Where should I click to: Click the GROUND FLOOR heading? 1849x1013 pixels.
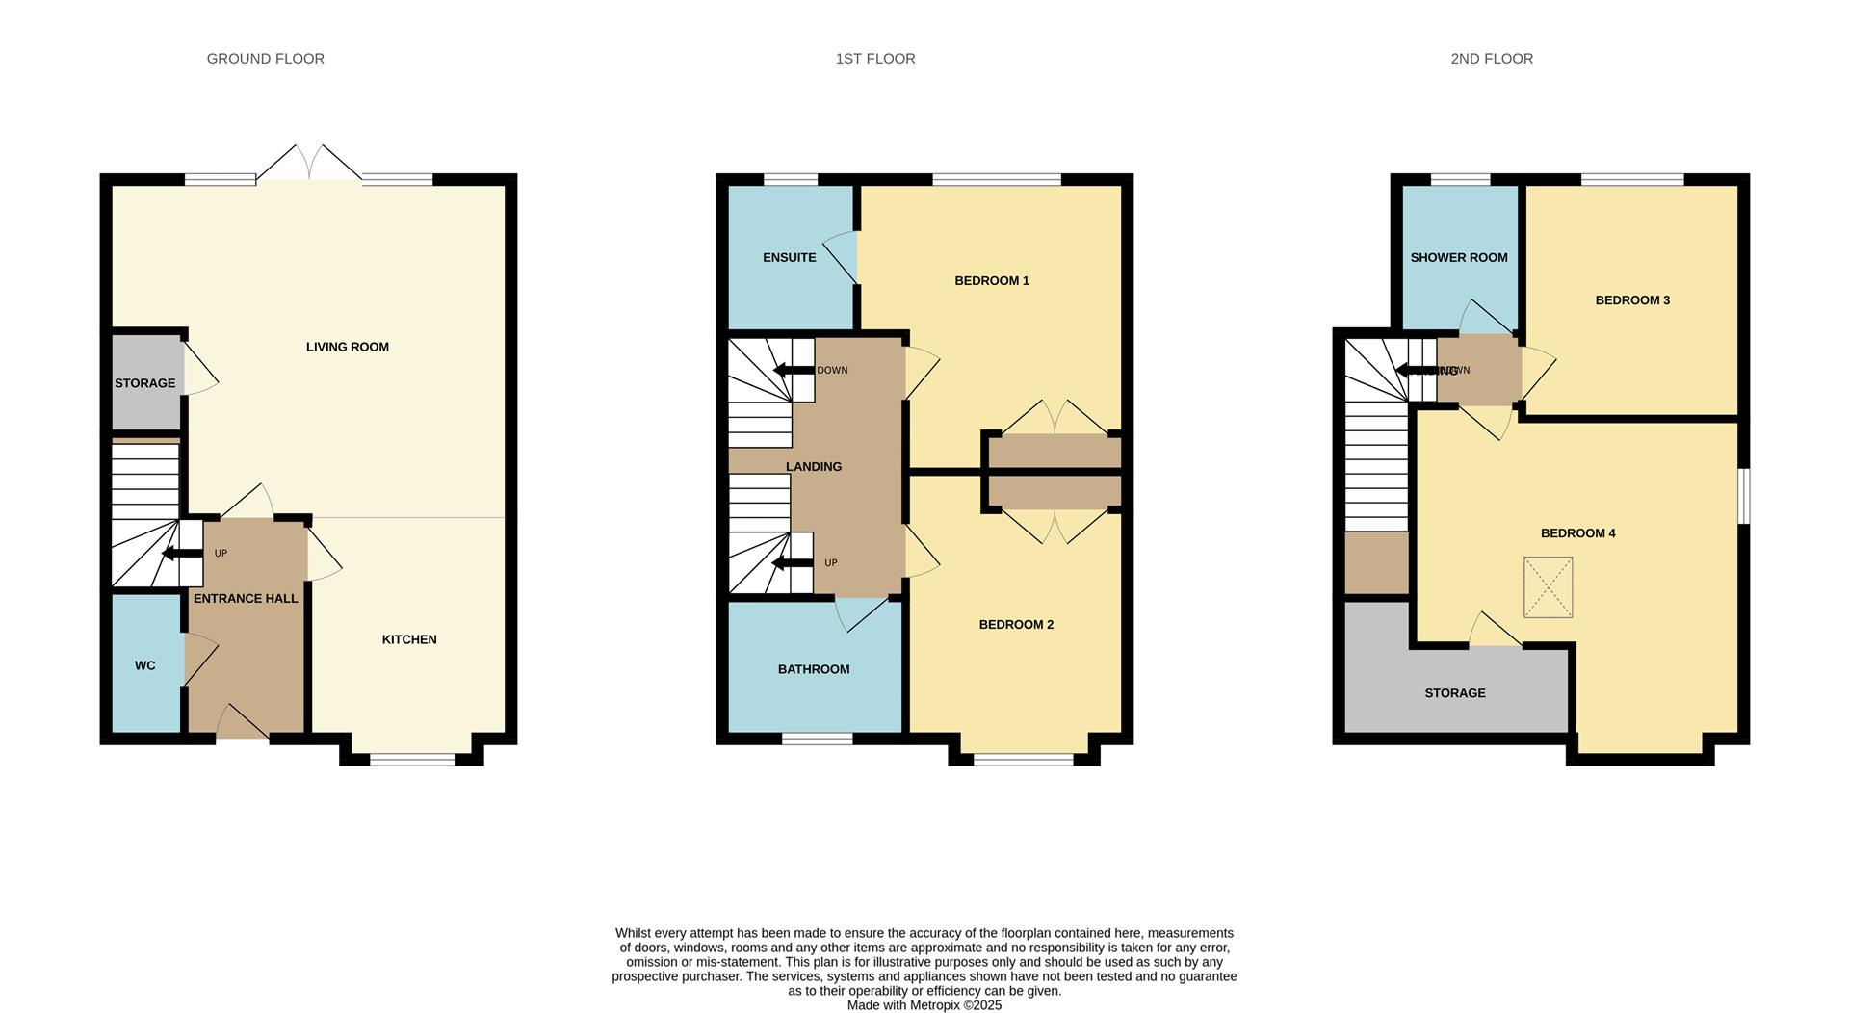(x=265, y=59)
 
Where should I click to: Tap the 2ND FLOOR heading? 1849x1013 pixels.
(x=1491, y=59)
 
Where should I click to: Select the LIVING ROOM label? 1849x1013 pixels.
(x=347, y=347)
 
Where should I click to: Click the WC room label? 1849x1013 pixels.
(x=144, y=665)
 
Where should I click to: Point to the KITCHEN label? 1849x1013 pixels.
(x=409, y=639)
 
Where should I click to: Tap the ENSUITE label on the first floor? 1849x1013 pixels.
(x=789, y=257)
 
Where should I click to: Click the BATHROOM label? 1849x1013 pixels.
(x=813, y=669)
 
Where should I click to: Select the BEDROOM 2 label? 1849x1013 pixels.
(x=1016, y=624)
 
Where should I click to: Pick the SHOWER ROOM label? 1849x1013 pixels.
(x=1458, y=257)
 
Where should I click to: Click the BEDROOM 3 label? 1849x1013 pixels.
(x=1632, y=299)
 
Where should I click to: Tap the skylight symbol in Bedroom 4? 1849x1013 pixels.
(x=1548, y=587)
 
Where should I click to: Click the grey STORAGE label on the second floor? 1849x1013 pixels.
(x=1454, y=693)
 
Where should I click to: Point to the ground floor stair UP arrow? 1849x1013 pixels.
(x=180, y=554)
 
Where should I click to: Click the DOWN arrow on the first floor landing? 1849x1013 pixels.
(x=794, y=370)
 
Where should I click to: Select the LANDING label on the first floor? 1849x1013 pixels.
(x=813, y=466)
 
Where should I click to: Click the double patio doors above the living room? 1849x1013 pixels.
(x=309, y=164)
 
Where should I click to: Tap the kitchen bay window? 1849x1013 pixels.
(x=412, y=760)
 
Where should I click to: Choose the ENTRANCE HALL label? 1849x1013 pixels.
(x=246, y=598)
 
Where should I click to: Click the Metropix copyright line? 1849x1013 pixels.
(x=924, y=1005)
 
